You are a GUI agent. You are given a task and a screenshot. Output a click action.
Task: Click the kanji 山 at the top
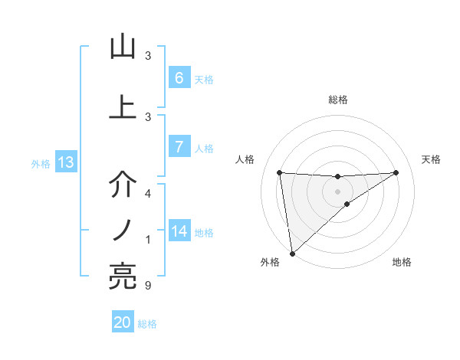coord(123,47)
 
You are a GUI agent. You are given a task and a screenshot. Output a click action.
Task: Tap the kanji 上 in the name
coord(123,107)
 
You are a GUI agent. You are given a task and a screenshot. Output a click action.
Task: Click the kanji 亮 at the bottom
coord(123,276)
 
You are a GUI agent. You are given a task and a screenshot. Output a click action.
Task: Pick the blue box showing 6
coord(179,78)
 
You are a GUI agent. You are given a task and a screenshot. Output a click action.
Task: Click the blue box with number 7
coord(179,147)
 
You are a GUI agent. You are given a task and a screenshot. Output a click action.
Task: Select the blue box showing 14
coord(179,231)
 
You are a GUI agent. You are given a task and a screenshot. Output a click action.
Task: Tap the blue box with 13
coord(65,162)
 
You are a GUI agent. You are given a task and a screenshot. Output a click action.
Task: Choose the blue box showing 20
coord(123,322)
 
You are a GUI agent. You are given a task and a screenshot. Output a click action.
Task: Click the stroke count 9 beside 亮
coord(147,286)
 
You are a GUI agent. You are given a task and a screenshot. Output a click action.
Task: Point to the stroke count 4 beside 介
coord(147,194)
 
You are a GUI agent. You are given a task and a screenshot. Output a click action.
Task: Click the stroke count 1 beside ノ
coord(147,240)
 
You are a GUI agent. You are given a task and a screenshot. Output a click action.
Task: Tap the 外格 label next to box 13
coord(41,163)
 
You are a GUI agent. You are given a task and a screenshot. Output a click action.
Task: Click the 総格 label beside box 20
coord(147,324)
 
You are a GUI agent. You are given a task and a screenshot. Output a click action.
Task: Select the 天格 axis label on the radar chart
coord(431,159)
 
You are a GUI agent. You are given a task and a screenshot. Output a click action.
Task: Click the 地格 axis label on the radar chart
coord(402,262)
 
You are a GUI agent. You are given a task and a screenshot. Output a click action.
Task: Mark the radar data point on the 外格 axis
coord(291,253)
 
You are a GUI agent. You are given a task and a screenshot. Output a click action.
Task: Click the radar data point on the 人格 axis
coord(280,172)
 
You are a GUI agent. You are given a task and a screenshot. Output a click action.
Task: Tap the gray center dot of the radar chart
coord(337,191)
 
